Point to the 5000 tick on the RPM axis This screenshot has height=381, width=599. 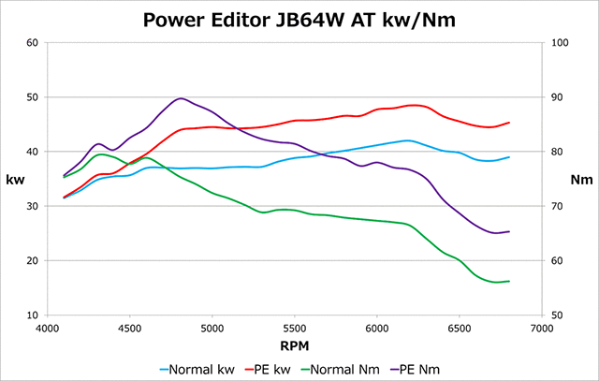[213, 329]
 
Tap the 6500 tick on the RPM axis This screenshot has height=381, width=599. [460, 329]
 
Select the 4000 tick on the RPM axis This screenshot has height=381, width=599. [49, 329]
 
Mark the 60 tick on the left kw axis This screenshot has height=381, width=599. [33, 42]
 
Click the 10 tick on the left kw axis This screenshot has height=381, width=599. [33, 315]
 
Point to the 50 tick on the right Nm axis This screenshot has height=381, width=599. [559, 315]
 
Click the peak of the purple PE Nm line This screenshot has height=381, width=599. [180, 98]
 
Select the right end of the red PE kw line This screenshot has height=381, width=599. [509, 122]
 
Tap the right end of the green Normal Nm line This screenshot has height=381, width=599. [509, 281]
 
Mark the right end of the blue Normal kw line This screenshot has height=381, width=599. [509, 157]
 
